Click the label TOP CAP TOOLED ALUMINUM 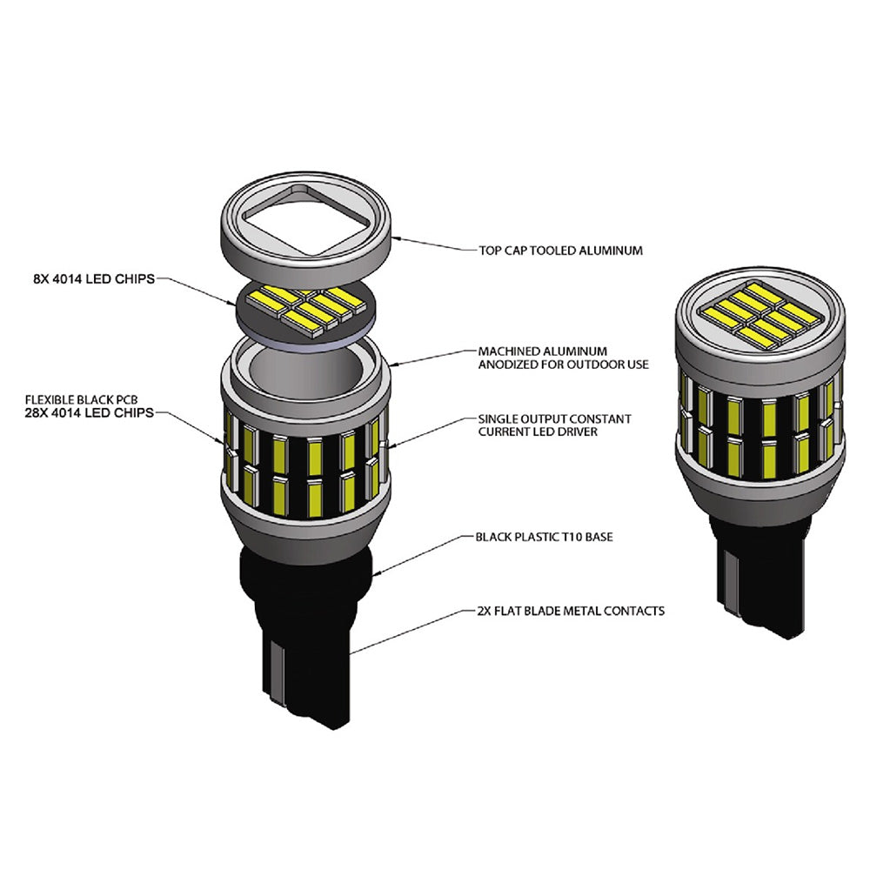(561, 251)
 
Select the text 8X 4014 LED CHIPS (94, 279)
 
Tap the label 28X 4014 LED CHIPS (90, 412)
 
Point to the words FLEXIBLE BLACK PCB (81, 399)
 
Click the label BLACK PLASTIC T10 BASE (545, 537)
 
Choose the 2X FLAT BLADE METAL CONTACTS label (571, 611)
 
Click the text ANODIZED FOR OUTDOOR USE (564, 365)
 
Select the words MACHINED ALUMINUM (543, 351)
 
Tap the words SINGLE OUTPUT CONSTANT (555, 419)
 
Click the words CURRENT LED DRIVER (539, 432)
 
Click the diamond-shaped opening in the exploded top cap (307, 221)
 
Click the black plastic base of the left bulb (306, 632)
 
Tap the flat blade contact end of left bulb (305, 688)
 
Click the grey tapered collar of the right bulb (760, 491)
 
